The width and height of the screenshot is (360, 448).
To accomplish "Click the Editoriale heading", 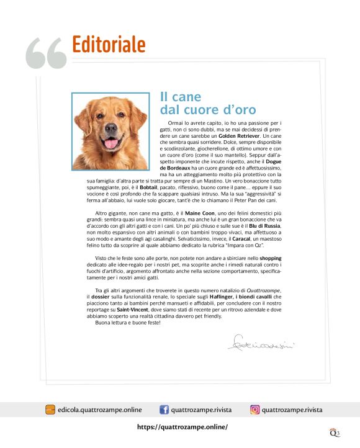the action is tap(109, 45).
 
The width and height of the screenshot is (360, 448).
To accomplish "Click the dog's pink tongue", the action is tap(111, 144).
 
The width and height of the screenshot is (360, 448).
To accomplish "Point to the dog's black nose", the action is tap(111, 131).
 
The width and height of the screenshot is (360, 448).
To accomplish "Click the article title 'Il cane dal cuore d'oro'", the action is tap(207, 104).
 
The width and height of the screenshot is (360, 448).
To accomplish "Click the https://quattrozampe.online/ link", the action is tap(182, 427).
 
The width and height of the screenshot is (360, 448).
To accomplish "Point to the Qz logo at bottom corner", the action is tap(335, 432).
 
